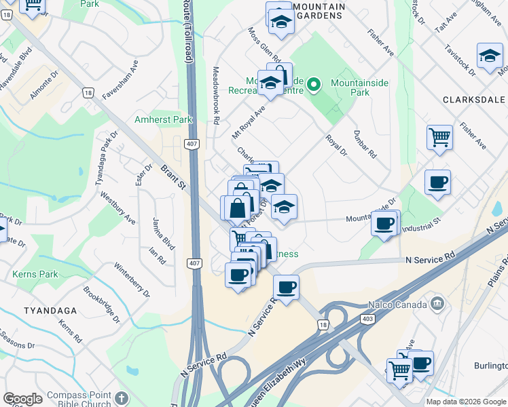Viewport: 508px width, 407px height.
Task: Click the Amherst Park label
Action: point(164,119)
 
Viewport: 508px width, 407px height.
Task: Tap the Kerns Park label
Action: point(35,275)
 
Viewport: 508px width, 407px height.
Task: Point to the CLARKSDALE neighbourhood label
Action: point(474,99)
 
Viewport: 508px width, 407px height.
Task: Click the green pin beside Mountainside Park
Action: point(314,85)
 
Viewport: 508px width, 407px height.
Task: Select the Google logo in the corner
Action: point(23,398)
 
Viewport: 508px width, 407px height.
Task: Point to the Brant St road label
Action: point(173,176)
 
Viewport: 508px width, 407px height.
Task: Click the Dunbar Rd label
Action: point(365,144)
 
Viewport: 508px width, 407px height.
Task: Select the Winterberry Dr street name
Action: point(131,279)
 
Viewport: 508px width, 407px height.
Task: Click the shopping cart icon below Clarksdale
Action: point(439,137)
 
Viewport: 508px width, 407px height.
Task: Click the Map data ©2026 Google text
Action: point(466,402)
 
